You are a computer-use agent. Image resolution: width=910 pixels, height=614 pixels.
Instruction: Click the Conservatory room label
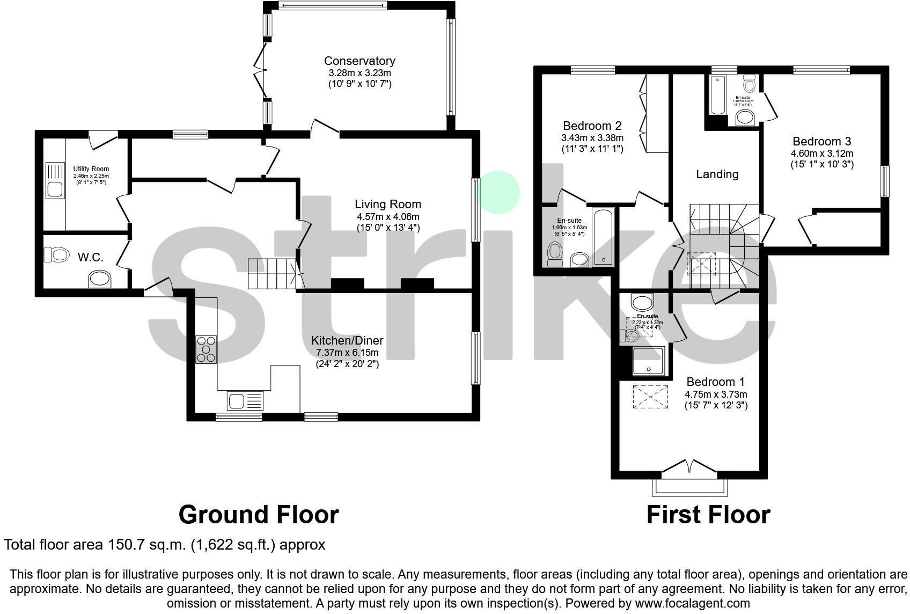tap(359, 61)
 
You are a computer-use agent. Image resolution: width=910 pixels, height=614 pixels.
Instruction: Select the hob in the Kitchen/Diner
tap(207, 349)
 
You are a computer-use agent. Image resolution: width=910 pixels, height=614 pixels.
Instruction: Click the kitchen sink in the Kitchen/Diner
tap(245, 400)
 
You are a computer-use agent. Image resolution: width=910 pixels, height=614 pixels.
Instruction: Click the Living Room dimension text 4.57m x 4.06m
tap(388, 217)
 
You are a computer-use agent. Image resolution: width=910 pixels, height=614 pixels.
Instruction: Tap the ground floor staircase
tap(273, 273)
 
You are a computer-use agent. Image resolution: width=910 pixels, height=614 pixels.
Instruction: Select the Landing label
tap(717, 174)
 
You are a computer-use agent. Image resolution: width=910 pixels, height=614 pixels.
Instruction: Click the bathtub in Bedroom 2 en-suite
tap(604, 238)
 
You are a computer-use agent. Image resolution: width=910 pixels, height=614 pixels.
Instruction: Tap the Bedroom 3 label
tap(821, 142)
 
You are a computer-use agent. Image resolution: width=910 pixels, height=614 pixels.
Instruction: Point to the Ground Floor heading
tap(258, 515)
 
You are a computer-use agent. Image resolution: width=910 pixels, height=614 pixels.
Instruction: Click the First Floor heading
tap(708, 515)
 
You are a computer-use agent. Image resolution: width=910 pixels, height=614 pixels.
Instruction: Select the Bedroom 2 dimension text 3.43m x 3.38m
tap(592, 138)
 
